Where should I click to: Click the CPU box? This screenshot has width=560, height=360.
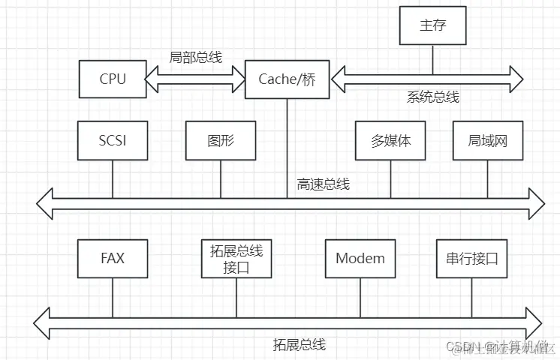click(113, 79)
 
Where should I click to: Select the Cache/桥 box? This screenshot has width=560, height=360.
click(287, 79)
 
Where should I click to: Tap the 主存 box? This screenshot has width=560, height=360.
click(433, 25)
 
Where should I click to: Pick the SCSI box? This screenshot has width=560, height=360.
click(113, 140)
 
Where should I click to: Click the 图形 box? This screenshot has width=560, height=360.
click(221, 140)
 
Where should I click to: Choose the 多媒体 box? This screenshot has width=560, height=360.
click(390, 140)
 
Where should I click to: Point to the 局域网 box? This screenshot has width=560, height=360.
click(487, 140)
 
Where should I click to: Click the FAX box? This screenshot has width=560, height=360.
click(113, 259)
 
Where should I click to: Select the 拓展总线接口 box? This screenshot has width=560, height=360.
click(236, 259)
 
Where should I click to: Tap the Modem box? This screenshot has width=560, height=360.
click(360, 259)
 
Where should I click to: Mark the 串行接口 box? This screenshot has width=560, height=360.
click(471, 259)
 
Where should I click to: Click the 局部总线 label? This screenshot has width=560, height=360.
click(196, 57)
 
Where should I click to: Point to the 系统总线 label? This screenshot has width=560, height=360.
click(432, 97)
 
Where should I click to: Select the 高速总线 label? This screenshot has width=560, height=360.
click(323, 184)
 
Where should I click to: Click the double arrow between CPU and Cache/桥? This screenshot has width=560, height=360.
click(196, 79)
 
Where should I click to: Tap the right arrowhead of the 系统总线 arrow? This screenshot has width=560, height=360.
click(515, 78)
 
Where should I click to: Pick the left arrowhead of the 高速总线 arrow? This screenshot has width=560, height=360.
click(47, 203)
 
